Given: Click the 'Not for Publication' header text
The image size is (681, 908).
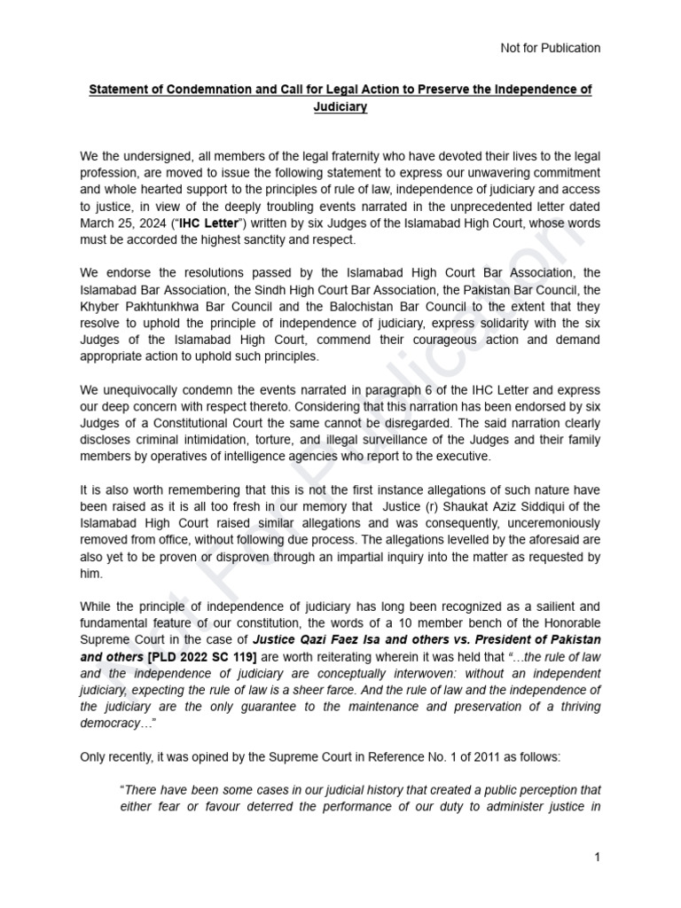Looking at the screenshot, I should [551, 48].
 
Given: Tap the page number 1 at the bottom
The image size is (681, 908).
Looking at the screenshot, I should [598, 857].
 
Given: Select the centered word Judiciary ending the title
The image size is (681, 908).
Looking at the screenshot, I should [340, 107].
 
